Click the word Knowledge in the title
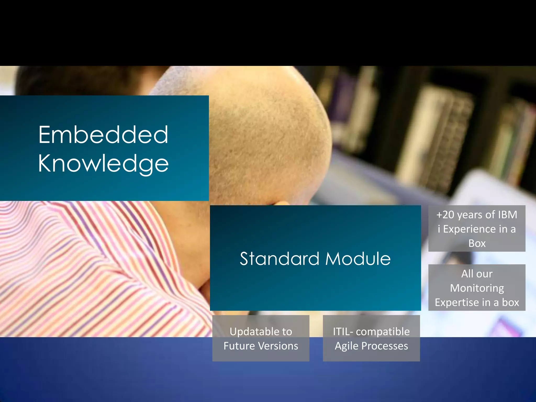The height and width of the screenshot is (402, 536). (103, 163)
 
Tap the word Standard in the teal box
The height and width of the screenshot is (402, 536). (280, 259)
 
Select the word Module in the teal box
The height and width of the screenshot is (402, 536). (358, 259)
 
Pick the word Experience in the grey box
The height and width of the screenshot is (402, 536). (470, 229)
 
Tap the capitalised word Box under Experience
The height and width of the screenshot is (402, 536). (477, 243)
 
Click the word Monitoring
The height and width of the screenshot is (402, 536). (477, 288)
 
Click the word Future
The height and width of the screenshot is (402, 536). (239, 346)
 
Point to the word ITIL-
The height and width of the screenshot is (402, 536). (343, 332)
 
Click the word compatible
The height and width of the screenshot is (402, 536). (383, 332)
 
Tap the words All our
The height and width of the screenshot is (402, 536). (477, 274)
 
